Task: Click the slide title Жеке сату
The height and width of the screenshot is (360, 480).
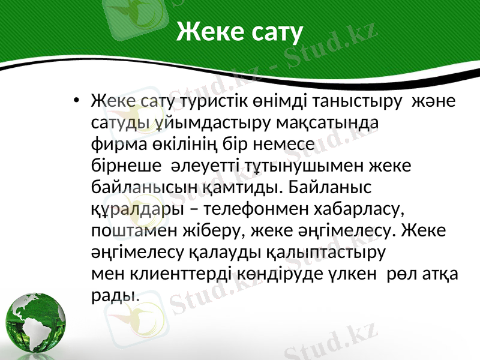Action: coord(240,32)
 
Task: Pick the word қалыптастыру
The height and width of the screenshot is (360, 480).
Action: coord(325,253)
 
